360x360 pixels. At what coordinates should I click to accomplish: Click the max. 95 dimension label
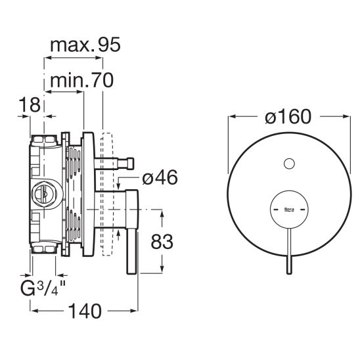tap(85, 45)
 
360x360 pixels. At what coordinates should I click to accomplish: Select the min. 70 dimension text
tap(81, 80)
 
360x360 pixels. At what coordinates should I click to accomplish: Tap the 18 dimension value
tap(30, 104)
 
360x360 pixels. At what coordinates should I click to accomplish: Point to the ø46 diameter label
tap(160, 177)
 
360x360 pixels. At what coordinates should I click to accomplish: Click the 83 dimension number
tap(162, 242)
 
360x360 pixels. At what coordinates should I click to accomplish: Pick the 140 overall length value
tap(85, 311)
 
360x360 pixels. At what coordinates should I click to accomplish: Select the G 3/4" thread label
tap(43, 288)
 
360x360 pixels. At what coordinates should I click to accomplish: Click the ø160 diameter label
tap(288, 117)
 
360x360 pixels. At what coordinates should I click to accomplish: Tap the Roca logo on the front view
tap(289, 210)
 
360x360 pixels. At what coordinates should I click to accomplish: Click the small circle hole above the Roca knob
tap(289, 164)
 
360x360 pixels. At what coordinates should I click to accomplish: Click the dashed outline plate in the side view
tap(107, 194)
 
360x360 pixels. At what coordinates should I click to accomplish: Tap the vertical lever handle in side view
tap(132, 232)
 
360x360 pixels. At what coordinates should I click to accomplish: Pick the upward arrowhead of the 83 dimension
tap(162, 214)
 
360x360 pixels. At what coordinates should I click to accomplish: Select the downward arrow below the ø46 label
tap(118, 183)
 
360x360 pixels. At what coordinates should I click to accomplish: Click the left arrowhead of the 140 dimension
tap(34, 311)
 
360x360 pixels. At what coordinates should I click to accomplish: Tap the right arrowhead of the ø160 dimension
tap(346, 116)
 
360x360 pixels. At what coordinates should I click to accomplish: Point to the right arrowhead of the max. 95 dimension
tap(99, 58)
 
